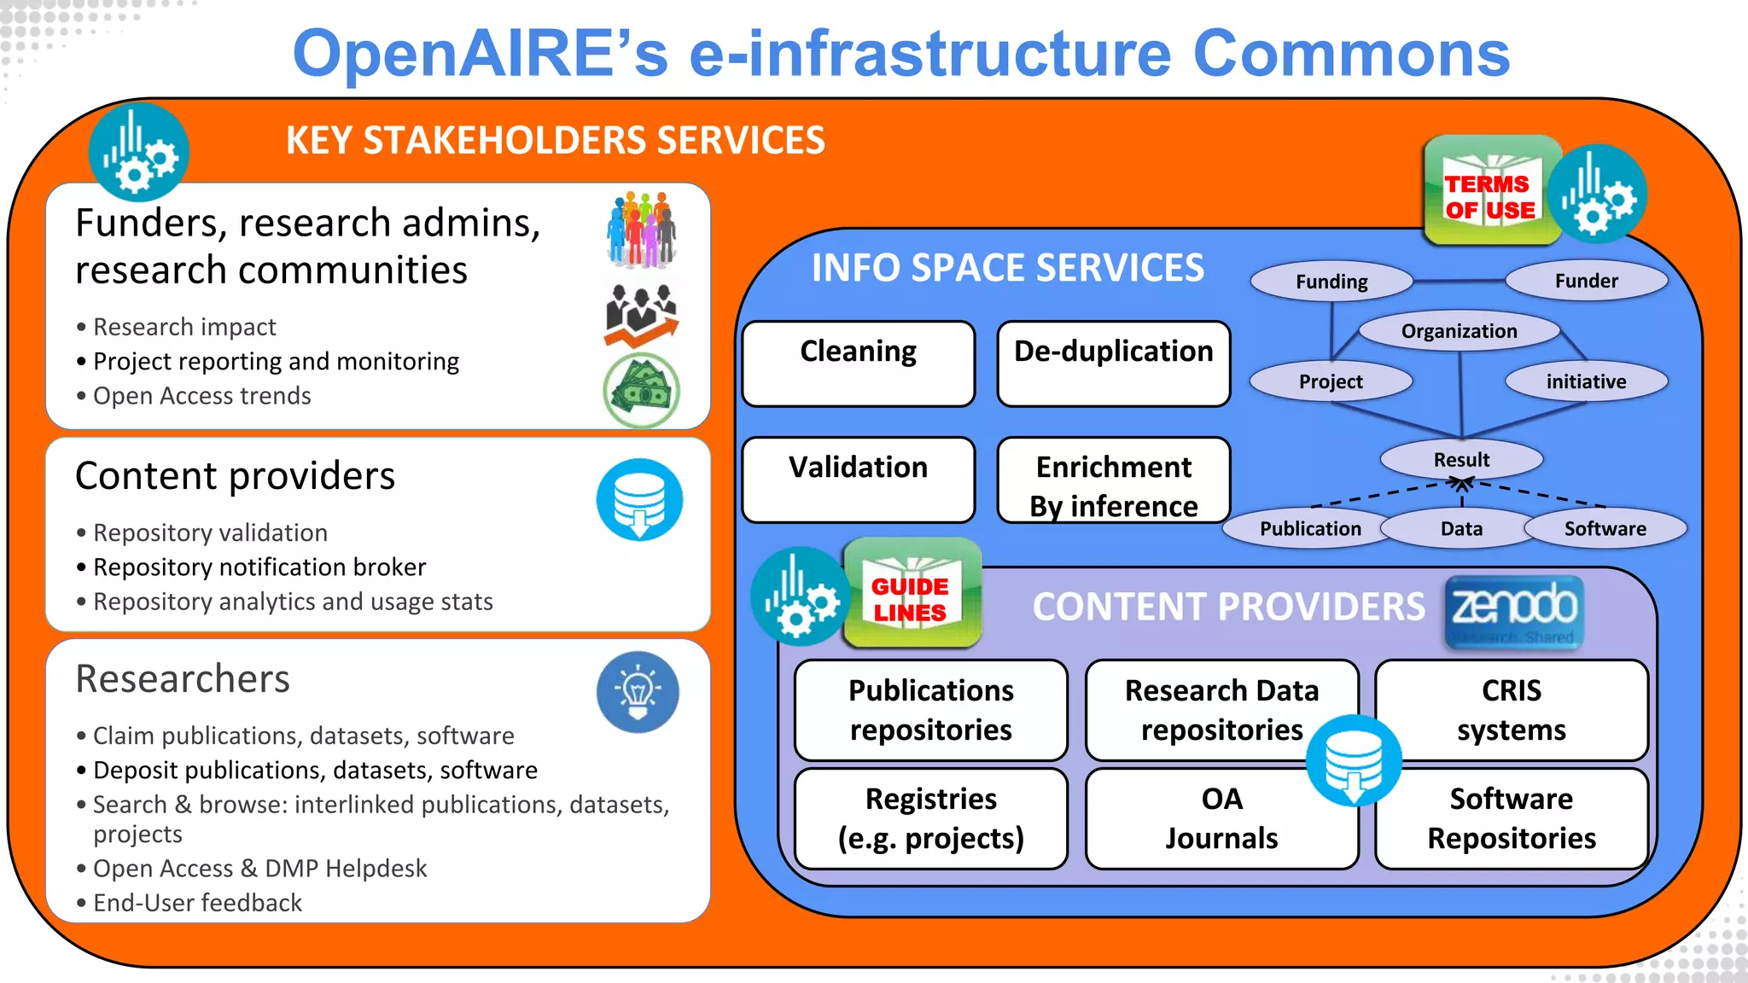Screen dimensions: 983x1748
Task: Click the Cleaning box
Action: [x=858, y=364]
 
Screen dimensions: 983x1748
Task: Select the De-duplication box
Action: [x=1113, y=364]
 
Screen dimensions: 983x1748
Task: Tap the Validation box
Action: [x=858, y=480]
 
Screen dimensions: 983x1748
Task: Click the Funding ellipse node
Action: [x=1331, y=282]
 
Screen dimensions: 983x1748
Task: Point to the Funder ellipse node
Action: [x=1586, y=281]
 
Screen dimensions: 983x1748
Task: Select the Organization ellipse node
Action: [x=1459, y=331]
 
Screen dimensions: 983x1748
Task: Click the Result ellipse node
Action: [x=1461, y=459]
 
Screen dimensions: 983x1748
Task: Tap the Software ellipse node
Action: [x=1605, y=528]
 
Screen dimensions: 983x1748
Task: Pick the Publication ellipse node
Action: [x=1310, y=528]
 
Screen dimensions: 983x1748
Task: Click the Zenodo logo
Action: [x=1514, y=612]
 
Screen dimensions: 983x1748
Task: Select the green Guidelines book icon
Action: [x=912, y=594]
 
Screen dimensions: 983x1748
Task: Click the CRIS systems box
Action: [x=1511, y=710]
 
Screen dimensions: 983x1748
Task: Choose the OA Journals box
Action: [x=1221, y=818]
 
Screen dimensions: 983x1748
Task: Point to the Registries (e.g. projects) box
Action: [x=930, y=818]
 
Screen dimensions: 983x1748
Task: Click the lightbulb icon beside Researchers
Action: [x=638, y=692]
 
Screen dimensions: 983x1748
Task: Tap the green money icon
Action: [x=641, y=391]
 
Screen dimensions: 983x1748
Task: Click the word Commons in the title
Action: [x=1350, y=54]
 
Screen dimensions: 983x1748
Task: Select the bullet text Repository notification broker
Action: [x=259, y=567]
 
